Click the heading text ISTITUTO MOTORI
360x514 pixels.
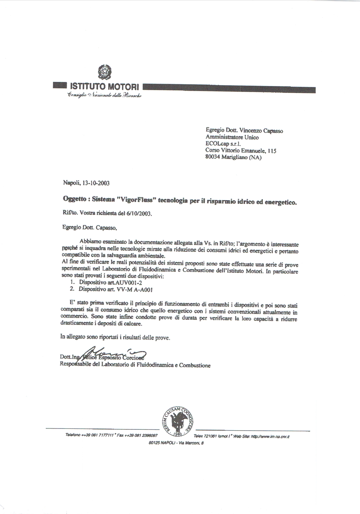pyautogui.click(x=105, y=86)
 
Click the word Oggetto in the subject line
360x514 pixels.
pyautogui.click(x=75, y=200)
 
